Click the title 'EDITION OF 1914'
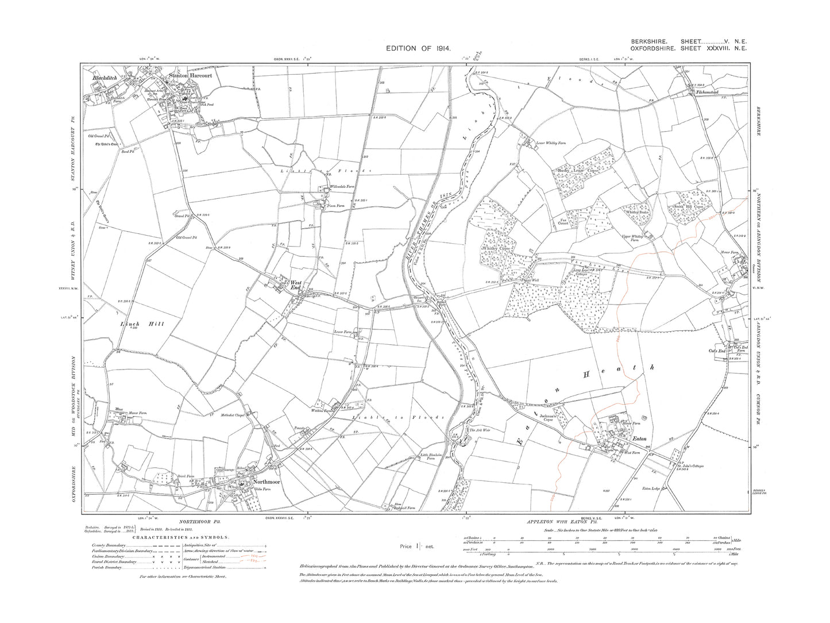(419, 50)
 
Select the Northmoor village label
(262, 482)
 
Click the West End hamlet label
(296, 285)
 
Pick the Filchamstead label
(707, 91)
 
